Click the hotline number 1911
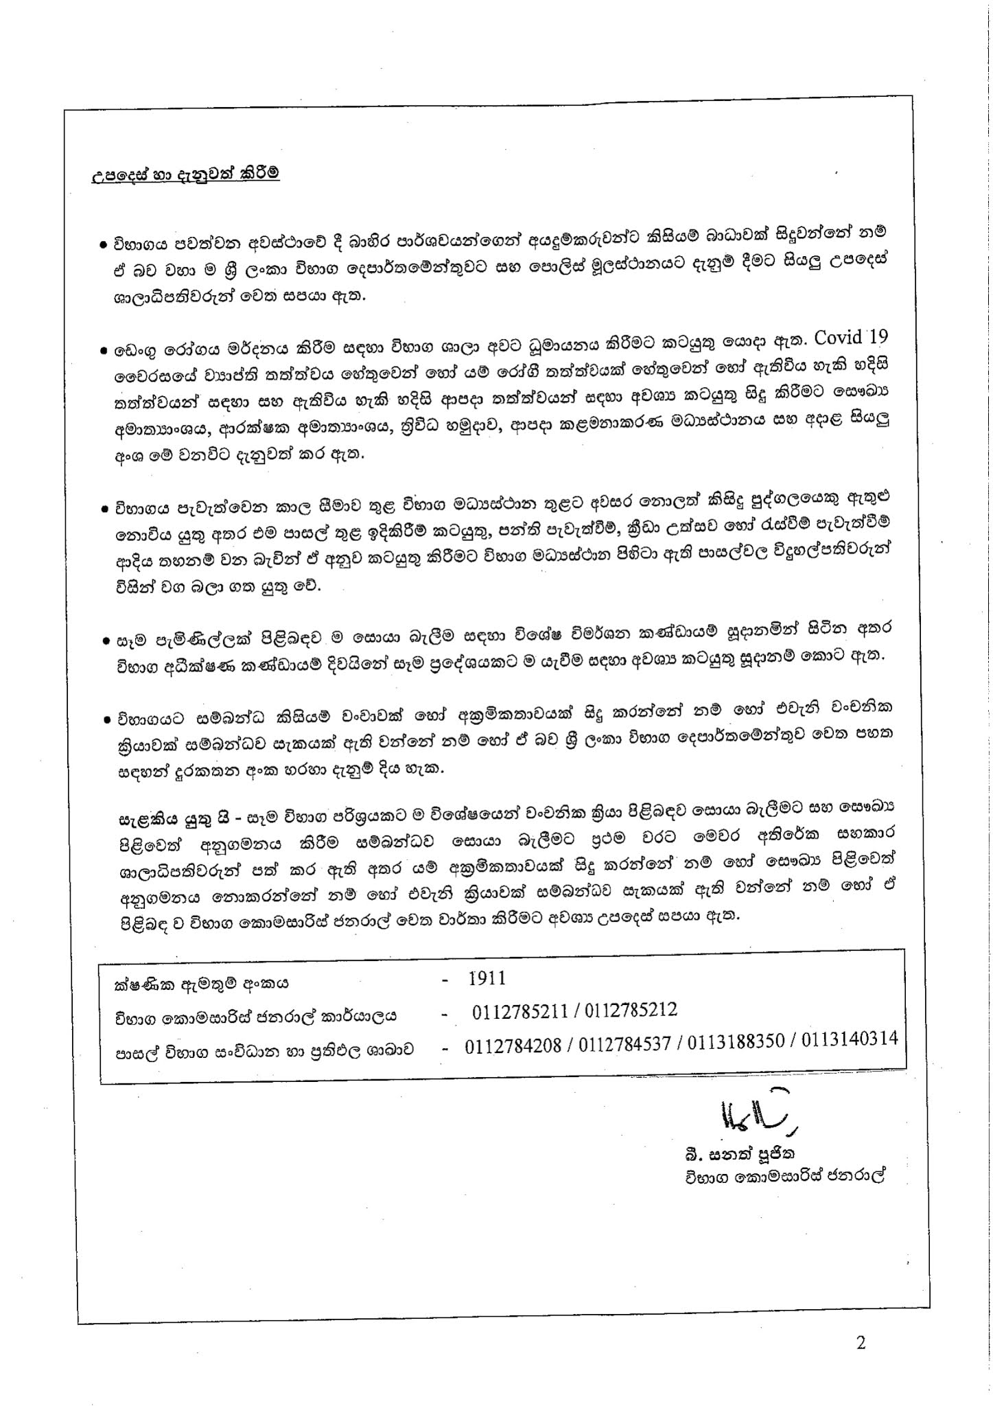[487, 978]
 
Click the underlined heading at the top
[185, 174]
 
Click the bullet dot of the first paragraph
[102, 244]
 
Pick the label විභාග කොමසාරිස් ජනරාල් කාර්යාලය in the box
[255, 1017]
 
